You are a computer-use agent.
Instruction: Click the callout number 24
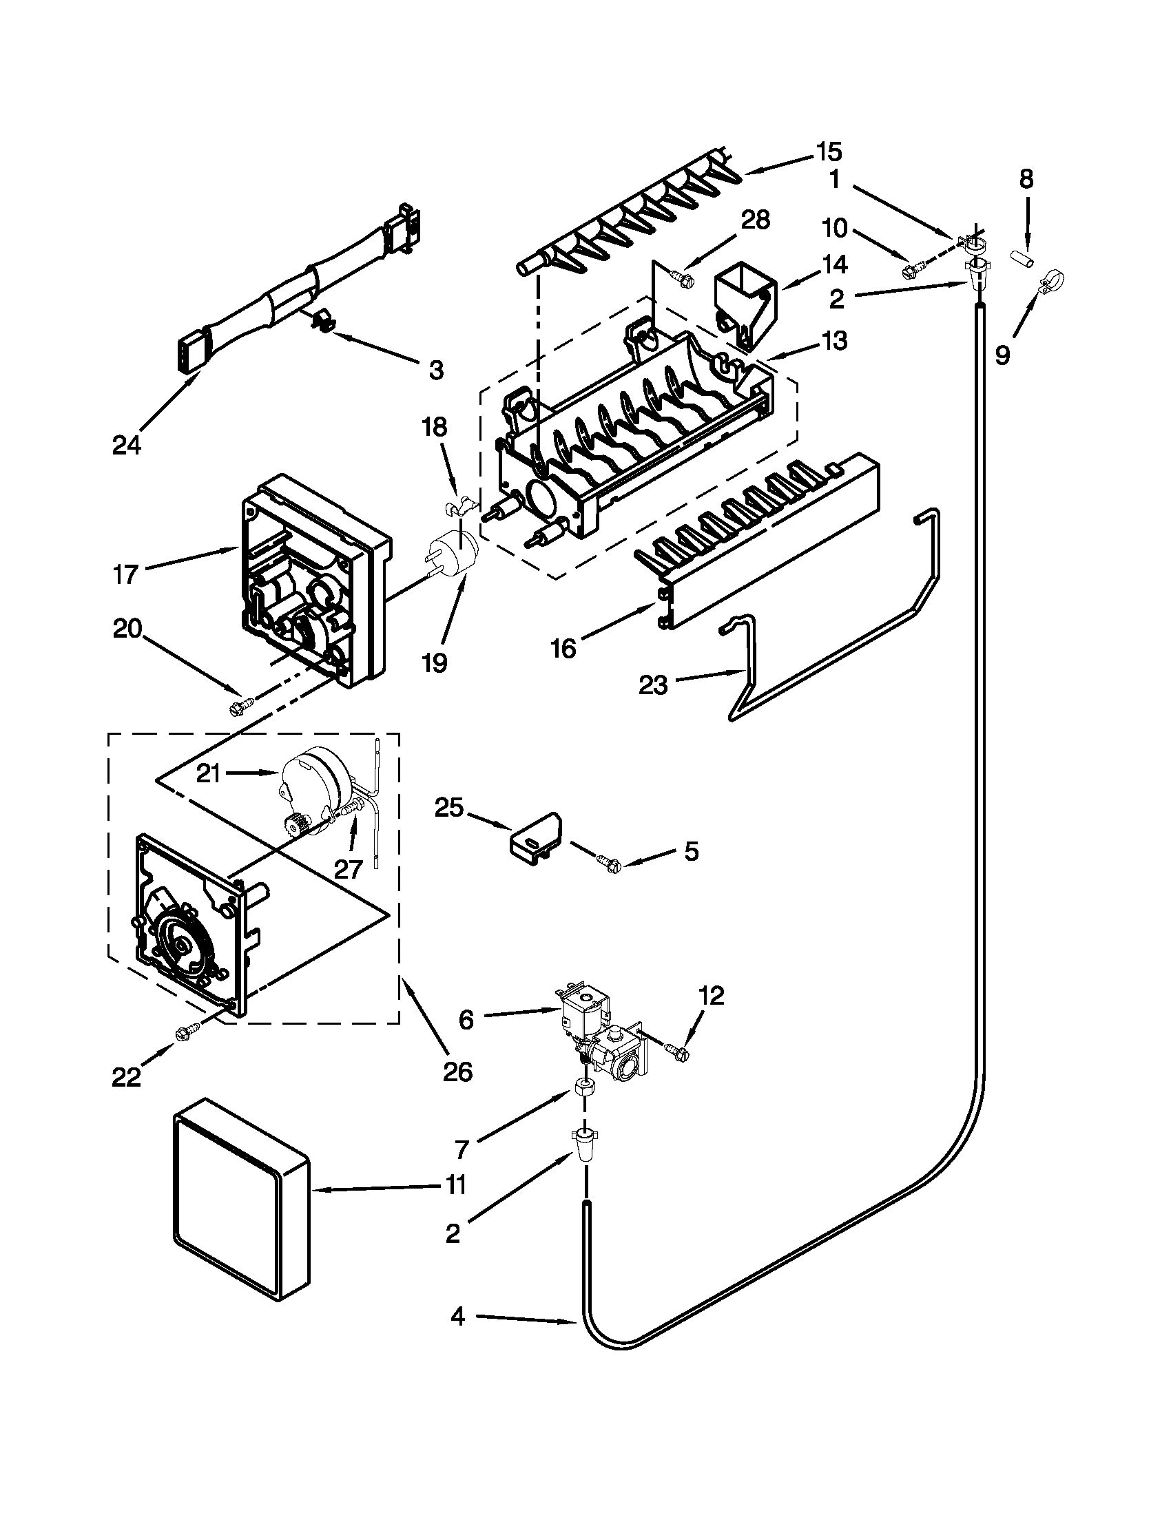click(x=126, y=445)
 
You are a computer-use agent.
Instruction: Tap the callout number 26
click(x=457, y=1072)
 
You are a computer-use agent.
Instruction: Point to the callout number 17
click(x=126, y=574)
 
